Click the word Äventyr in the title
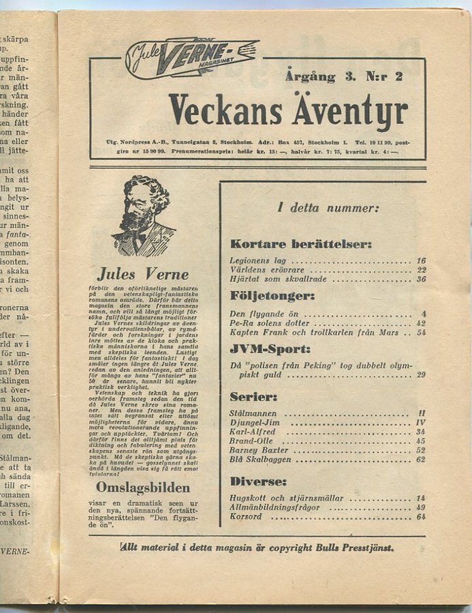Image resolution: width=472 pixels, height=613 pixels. point(349,111)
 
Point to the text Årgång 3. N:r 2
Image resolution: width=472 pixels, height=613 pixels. point(344,76)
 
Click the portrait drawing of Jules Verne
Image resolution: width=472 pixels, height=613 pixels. point(144,216)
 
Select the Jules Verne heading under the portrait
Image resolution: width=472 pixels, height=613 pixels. point(142,275)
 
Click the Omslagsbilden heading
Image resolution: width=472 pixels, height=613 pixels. point(142,488)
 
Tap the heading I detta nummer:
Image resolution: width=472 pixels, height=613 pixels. point(328,208)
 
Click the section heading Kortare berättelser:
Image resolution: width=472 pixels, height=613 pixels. point(300,243)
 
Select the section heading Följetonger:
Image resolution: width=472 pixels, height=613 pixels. point(272,296)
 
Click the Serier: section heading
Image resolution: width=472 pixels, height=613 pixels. point(253,396)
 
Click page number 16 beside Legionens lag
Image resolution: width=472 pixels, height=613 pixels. point(421,261)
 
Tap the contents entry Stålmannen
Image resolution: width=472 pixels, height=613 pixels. point(253,413)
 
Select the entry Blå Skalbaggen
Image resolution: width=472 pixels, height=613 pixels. point(260,460)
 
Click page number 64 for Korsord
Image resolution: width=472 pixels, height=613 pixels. point(421,517)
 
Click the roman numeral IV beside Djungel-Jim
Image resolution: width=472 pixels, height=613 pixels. point(422,423)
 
